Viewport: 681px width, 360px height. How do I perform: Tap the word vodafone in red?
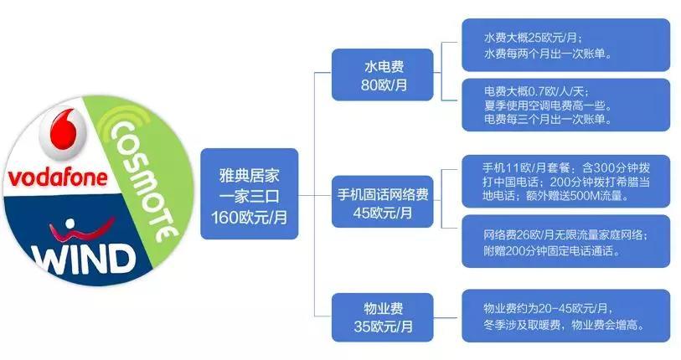click(58, 177)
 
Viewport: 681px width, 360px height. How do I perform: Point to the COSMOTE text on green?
click(144, 180)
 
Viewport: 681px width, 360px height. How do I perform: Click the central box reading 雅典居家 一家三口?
click(250, 193)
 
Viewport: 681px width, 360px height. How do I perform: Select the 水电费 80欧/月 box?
click(383, 75)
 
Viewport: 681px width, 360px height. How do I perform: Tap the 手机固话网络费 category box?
click(383, 202)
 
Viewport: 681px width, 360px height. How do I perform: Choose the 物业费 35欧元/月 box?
click(383, 317)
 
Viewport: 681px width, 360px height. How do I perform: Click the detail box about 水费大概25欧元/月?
click(566, 45)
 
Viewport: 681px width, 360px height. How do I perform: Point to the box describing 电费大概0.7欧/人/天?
click(566, 105)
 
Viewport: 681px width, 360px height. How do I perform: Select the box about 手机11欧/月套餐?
click(566, 181)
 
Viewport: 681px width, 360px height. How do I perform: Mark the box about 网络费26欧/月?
click(566, 241)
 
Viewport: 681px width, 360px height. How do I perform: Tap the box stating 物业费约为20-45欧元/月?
click(566, 316)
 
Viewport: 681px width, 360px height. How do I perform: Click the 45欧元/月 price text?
click(383, 213)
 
